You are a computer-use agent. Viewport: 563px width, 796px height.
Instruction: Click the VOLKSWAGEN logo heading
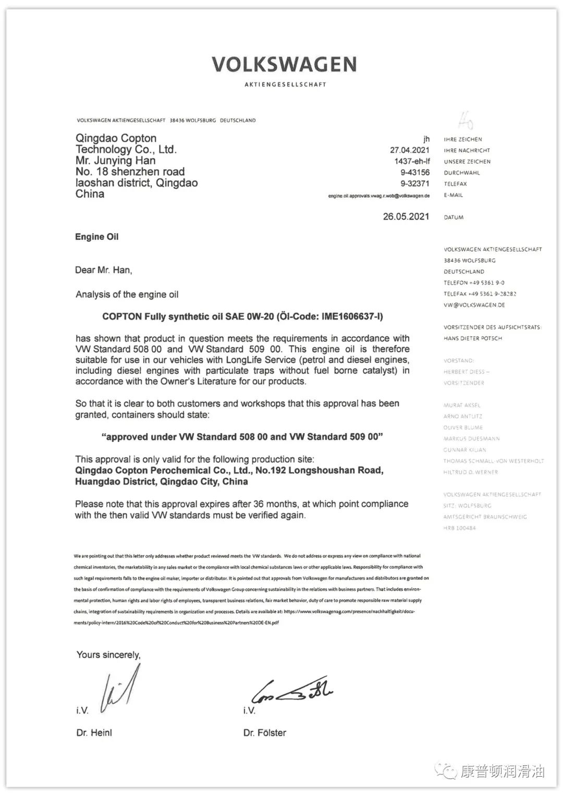click(x=284, y=65)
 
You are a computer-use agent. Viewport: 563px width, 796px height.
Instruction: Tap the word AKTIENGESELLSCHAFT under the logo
click(x=285, y=84)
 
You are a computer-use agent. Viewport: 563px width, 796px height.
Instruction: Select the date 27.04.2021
click(x=410, y=150)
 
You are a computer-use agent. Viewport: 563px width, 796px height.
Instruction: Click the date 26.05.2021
click(x=406, y=216)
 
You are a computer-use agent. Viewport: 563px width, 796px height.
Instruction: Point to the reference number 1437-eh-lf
click(x=412, y=161)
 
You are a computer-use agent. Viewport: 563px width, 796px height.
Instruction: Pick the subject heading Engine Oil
click(x=96, y=237)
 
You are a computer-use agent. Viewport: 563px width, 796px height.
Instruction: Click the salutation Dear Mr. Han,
click(x=103, y=270)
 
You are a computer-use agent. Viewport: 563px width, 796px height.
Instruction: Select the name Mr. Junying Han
click(x=115, y=161)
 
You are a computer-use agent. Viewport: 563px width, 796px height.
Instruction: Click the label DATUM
click(x=454, y=217)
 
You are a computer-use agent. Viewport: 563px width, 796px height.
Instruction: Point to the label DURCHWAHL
click(x=462, y=173)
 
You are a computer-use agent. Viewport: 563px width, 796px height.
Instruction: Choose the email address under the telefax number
click(x=378, y=196)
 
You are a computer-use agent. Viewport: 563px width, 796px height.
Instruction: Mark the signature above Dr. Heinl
click(x=121, y=688)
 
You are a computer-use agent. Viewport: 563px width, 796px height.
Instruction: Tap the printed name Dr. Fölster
click(x=264, y=732)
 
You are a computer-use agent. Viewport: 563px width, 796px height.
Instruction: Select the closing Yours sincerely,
click(x=108, y=655)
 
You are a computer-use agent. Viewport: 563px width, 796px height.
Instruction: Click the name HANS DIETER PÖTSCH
click(x=473, y=338)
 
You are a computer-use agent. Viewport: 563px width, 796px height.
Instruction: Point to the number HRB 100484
click(x=459, y=528)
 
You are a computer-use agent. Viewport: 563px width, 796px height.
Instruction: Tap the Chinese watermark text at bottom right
click(x=503, y=771)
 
